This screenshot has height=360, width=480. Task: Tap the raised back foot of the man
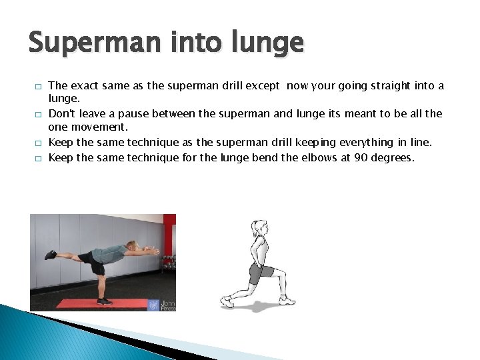coord(50,255)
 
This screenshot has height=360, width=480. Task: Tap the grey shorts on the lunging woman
coord(261,272)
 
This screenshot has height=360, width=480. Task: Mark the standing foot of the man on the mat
coord(104,301)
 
